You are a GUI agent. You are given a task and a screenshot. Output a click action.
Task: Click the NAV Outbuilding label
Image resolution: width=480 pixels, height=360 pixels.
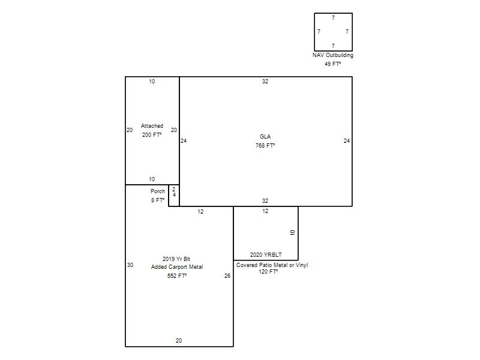point(333,55)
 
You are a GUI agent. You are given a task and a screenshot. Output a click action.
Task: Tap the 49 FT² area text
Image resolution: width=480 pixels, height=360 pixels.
point(333,64)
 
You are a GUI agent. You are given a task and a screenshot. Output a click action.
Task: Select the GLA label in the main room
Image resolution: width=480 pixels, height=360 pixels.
point(265,137)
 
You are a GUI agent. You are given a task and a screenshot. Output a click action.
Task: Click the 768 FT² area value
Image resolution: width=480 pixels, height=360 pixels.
point(265,146)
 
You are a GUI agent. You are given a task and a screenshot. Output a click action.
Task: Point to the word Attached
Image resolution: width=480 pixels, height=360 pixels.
point(152,126)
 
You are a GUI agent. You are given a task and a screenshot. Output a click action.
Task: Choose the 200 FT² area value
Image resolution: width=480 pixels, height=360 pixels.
point(152,134)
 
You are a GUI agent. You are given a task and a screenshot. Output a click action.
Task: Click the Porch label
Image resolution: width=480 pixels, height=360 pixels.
point(158,191)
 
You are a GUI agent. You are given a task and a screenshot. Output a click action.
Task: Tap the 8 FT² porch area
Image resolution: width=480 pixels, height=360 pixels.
point(158,200)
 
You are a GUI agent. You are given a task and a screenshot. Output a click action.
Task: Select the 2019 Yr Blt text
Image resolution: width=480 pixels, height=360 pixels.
point(176,259)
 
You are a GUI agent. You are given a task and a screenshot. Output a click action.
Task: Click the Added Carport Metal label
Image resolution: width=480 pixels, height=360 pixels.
point(177,267)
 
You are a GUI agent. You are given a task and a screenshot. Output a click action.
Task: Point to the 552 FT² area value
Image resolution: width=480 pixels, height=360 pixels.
point(177,276)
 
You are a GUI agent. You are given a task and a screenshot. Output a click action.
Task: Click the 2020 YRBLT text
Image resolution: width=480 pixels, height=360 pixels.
point(266,254)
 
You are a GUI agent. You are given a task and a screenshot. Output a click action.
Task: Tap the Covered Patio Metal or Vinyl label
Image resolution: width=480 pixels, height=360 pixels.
point(272,265)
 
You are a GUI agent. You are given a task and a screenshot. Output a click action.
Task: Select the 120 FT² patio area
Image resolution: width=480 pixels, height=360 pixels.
point(268,272)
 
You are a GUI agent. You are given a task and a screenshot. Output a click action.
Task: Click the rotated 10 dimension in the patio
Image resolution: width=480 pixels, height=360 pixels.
point(292,232)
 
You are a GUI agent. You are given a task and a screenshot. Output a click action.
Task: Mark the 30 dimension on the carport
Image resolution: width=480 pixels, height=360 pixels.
point(130,265)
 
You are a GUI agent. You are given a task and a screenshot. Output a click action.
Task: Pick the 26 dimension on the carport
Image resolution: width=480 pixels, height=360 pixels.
point(227,276)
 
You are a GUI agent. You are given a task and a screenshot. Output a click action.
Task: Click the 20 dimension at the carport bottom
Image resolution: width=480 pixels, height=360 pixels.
point(179,340)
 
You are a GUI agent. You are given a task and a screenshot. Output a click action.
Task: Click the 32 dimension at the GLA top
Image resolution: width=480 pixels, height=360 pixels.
point(265,82)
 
